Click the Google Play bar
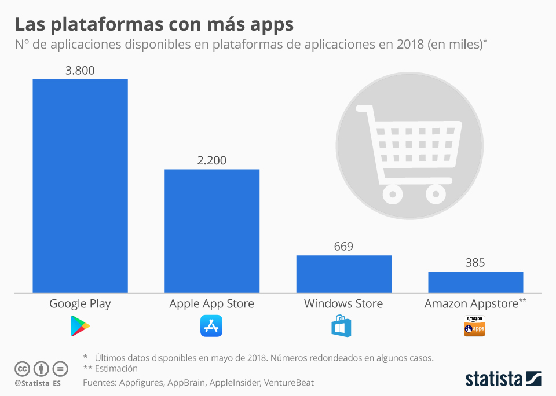(x=80, y=186)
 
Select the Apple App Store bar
(x=212, y=231)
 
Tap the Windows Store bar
(x=344, y=274)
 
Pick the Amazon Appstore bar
(x=475, y=282)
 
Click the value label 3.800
(x=80, y=71)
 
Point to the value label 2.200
(x=212, y=160)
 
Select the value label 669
(x=343, y=247)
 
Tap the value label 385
(x=475, y=263)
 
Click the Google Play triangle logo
(x=80, y=326)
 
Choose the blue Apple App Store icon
(x=211, y=326)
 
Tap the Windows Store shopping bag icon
(x=342, y=326)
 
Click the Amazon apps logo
(x=474, y=326)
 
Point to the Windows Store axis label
(x=343, y=303)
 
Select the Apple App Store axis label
(x=211, y=303)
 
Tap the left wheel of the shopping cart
(x=393, y=192)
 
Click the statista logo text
(x=494, y=379)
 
